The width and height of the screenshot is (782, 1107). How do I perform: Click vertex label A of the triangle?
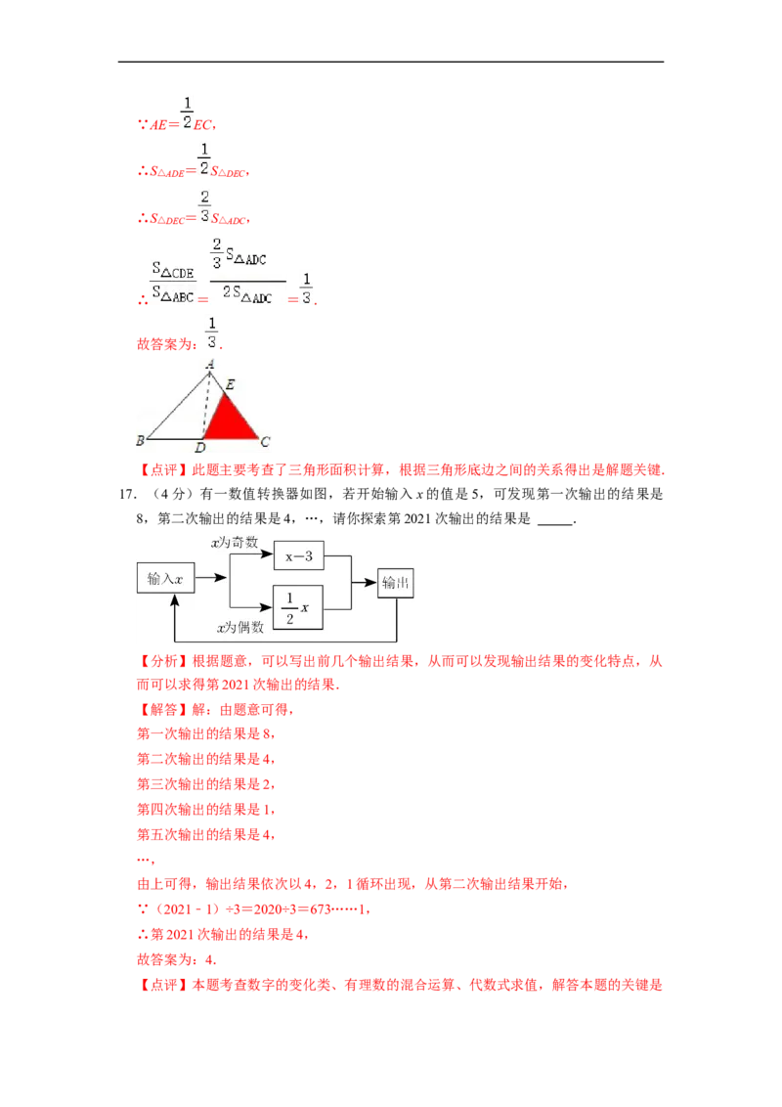click(x=209, y=364)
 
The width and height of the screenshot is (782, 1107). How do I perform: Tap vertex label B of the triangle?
click(x=140, y=440)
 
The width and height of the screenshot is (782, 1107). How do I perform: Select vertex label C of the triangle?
click(x=265, y=442)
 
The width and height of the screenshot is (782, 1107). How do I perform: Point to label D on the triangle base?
click(x=199, y=448)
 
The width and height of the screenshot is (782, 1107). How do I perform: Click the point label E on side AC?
click(x=230, y=385)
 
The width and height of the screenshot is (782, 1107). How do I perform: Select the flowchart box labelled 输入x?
click(x=165, y=579)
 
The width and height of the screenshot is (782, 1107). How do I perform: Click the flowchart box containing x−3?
click(x=298, y=555)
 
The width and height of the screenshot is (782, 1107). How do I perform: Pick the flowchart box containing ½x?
click(x=298, y=608)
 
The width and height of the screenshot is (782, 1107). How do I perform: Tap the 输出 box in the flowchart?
click(x=396, y=583)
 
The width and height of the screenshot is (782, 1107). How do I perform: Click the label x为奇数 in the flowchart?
click(x=235, y=542)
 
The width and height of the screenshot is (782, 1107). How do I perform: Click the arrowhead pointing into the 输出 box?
click(x=373, y=583)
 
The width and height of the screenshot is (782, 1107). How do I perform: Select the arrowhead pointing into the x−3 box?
click(x=269, y=555)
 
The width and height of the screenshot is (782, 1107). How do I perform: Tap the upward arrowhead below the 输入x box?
click(x=173, y=599)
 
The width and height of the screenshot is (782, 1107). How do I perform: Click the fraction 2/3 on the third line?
click(x=204, y=206)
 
